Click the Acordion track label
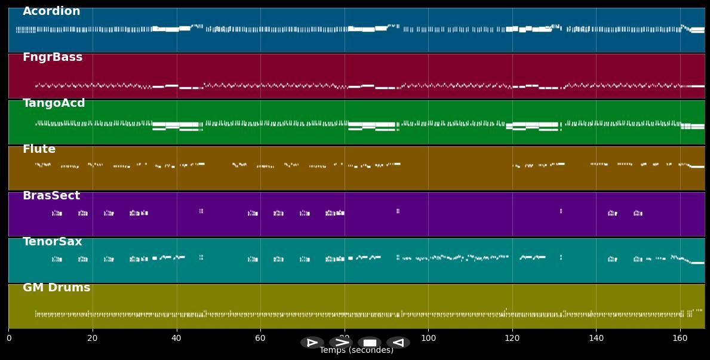click(x=51, y=11)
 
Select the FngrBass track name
click(x=53, y=57)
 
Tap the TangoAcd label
click(x=54, y=103)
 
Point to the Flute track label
click(x=39, y=149)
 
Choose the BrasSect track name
click(x=51, y=196)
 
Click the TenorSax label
click(x=53, y=242)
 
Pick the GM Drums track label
click(x=56, y=288)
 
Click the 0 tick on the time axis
click(x=8, y=339)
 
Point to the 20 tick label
click(x=93, y=339)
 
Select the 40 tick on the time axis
click(x=176, y=339)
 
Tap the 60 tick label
click(x=260, y=339)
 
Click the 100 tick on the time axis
click(x=428, y=339)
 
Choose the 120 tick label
click(x=512, y=339)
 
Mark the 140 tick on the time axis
click(x=596, y=339)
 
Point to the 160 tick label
click(x=680, y=339)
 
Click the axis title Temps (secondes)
click(x=356, y=351)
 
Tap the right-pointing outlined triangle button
click(x=312, y=343)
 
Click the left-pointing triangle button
click(x=398, y=343)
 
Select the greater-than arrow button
click(x=340, y=343)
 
